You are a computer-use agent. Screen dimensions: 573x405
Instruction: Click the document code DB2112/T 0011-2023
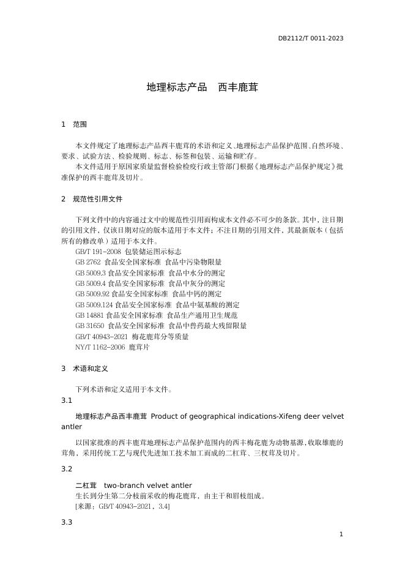(x=310, y=38)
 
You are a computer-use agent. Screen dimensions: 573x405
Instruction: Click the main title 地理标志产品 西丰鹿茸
(x=202, y=88)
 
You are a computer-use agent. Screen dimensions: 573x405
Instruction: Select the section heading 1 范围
(x=74, y=124)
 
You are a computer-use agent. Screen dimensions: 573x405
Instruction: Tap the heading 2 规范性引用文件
(x=92, y=199)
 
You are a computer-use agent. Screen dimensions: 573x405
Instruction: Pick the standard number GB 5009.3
(x=91, y=273)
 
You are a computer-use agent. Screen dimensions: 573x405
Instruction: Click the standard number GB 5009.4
(x=91, y=283)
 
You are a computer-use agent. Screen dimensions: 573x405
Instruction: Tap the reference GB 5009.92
(x=92, y=294)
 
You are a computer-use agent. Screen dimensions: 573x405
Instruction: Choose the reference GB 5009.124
(x=94, y=305)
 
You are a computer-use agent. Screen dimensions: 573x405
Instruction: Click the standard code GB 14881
(x=90, y=315)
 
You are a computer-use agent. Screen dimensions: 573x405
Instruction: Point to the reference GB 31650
(x=90, y=326)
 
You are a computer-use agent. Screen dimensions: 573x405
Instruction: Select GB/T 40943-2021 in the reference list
(x=102, y=337)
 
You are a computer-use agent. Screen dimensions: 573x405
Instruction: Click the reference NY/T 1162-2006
(x=100, y=347)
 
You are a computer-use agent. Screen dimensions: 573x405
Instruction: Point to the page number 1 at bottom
(x=341, y=534)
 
